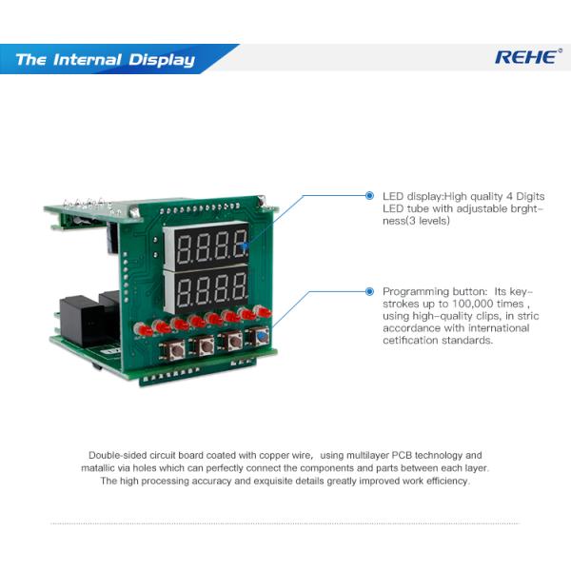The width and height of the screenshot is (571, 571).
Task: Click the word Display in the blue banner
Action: tap(162, 60)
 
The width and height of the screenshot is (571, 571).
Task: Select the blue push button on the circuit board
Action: tap(260, 337)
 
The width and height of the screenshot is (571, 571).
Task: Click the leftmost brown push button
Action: tap(176, 351)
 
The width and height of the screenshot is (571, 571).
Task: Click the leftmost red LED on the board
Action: tap(144, 330)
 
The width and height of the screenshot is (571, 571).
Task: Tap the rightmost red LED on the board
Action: tap(264, 311)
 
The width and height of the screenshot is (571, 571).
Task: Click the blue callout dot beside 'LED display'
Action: tap(369, 196)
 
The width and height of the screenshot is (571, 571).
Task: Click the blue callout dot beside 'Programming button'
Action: tap(369, 291)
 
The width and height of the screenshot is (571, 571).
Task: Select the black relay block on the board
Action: tap(82, 322)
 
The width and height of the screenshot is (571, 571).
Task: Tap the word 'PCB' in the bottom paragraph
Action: tap(402, 455)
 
